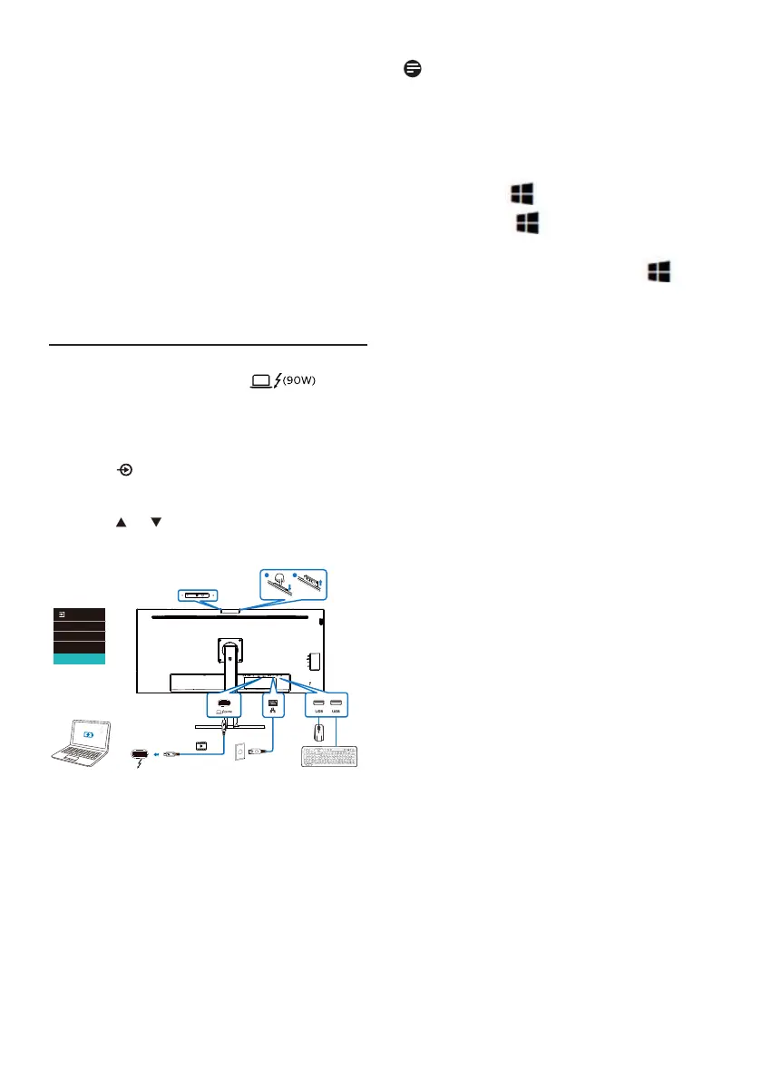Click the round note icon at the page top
coord(412,69)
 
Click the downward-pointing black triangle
coord(155,524)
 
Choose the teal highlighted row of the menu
coord(80,660)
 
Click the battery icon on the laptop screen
coord(88,731)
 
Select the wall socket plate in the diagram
coord(241,752)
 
